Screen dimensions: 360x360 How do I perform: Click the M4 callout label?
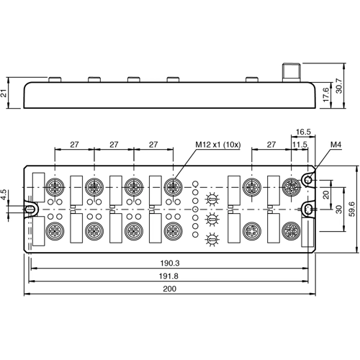tap(335, 145)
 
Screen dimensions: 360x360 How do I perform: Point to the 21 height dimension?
tap(6, 93)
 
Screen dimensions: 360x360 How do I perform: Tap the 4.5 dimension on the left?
tap(6, 194)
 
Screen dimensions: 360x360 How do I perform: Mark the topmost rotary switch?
tap(212, 199)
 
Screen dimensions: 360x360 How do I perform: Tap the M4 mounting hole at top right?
tap(308, 179)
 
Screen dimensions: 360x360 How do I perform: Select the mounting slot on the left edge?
tap(30, 210)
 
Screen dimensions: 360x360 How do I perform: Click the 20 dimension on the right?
tap(327, 194)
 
